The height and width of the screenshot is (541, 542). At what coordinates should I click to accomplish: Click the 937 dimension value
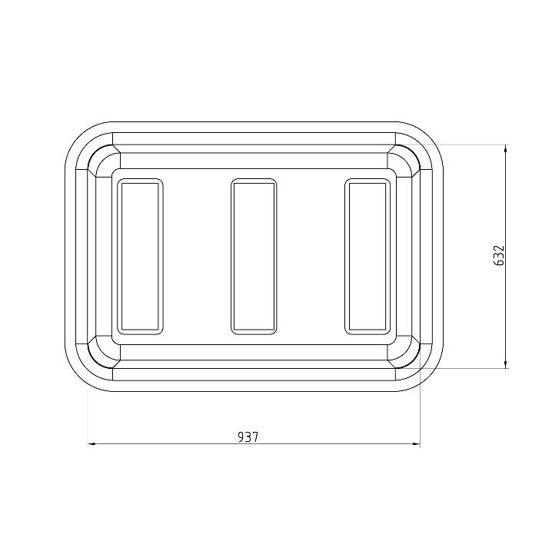click(248, 437)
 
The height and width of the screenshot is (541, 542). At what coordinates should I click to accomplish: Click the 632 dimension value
click(499, 256)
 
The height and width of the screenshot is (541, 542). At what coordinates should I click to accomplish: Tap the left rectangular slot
click(140, 257)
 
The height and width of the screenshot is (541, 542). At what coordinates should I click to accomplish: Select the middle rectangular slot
click(254, 257)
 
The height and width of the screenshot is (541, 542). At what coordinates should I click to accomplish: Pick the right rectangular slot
click(367, 257)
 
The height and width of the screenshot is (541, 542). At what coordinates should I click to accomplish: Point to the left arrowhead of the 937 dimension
click(91, 443)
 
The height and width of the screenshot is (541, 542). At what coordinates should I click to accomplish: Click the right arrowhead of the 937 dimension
click(416, 443)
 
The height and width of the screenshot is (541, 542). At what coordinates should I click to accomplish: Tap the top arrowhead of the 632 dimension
click(506, 148)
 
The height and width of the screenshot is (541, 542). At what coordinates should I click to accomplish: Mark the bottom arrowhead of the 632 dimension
click(506, 364)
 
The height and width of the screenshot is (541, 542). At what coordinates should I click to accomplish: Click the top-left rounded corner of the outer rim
click(78, 135)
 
